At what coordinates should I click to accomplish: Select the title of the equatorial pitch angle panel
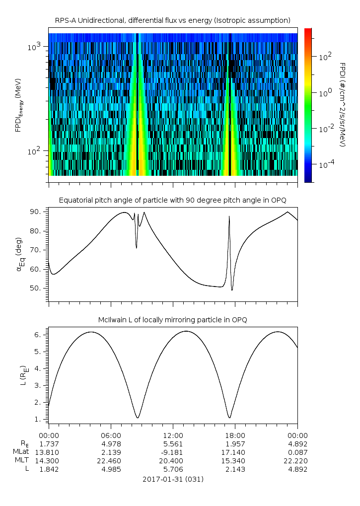click(x=172, y=200)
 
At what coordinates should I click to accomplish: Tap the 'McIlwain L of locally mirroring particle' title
click(x=172, y=320)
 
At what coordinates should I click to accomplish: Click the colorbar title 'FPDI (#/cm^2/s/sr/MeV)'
click(x=343, y=104)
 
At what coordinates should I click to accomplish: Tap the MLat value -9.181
click(x=173, y=452)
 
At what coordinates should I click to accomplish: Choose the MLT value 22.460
click(x=110, y=461)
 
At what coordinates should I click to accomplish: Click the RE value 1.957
click(x=235, y=444)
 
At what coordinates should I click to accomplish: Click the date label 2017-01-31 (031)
click(x=173, y=479)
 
